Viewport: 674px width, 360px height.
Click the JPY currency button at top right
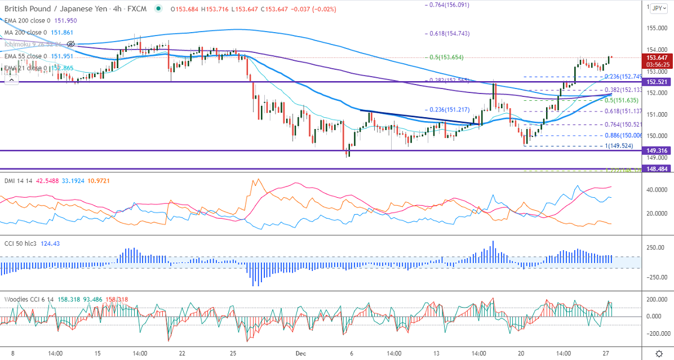point(657,8)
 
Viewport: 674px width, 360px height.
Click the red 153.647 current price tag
point(658,57)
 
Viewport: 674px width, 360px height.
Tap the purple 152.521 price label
point(658,82)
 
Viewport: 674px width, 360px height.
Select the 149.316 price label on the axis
point(658,150)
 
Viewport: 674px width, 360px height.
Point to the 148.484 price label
point(658,169)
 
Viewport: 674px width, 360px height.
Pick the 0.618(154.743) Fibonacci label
point(447,33)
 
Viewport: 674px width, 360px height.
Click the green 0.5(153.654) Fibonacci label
point(445,57)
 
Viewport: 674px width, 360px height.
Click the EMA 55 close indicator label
point(25,56)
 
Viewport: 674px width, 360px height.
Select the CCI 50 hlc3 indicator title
point(21,243)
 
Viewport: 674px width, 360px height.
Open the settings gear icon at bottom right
point(659,353)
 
